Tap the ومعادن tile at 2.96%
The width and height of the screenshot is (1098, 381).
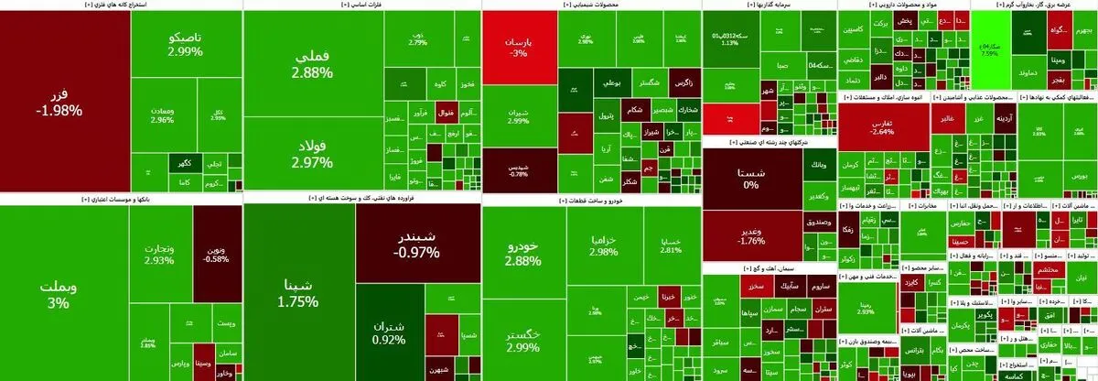[161, 114]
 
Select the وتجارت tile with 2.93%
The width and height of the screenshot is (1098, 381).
[159, 253]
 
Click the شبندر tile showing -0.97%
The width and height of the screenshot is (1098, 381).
[418, 243]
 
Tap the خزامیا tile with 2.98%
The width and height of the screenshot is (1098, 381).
[604, 245]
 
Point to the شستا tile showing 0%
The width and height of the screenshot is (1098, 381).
[750, 179]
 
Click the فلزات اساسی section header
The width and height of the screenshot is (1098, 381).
[361, 5]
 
